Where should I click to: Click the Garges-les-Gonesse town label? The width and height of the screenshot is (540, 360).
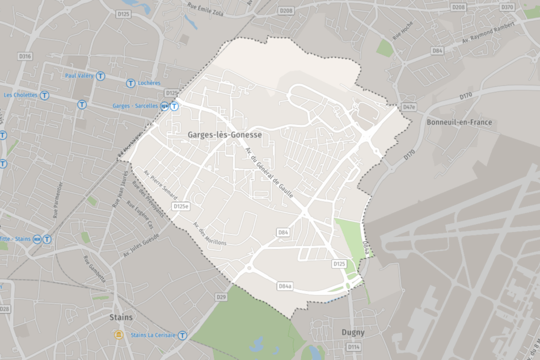tap(225, 135)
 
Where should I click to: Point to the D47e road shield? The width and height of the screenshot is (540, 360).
tap(409, 107)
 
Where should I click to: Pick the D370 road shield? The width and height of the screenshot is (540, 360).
tap(507, 7)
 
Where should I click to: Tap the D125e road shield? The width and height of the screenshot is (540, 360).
tap(180, 206)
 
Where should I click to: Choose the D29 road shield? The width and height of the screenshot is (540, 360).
tap(221, 298)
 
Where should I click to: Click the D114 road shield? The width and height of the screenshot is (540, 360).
tap(353, 347)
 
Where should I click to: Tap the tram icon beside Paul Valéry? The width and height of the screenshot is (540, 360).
tap(100, 76)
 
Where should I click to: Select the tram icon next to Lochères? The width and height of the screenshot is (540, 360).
tap(130, 83)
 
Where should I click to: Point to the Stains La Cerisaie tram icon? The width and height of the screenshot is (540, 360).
tap(182, 335)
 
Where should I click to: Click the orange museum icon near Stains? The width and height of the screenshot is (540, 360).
tap(119, 335)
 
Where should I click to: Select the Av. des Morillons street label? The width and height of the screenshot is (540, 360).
tap(209, 233)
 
